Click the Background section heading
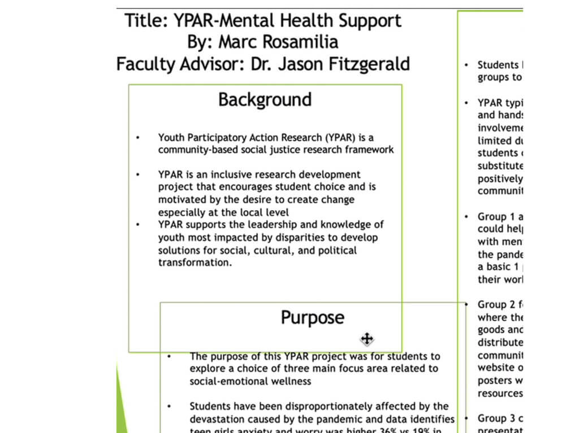[x=265, y=99]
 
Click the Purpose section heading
[x=312, y=317]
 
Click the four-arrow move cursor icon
[x=366, y=339]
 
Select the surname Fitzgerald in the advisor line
[x=360, y=64]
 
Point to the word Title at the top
[x=146, y=21]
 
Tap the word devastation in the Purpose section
[x=218, y=419]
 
